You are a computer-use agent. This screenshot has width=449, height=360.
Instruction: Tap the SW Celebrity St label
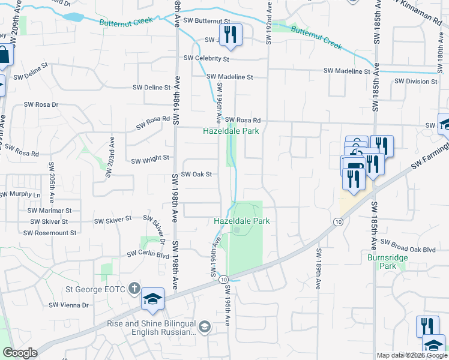206,59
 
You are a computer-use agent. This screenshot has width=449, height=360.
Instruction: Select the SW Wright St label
150,160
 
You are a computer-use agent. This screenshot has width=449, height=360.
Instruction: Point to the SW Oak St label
197,175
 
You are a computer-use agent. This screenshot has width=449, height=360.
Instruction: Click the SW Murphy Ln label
20,194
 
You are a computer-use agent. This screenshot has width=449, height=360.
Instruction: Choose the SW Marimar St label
49,211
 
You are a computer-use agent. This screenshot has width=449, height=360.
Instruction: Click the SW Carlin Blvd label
148,254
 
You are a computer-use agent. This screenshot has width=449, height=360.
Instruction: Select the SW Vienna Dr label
68,305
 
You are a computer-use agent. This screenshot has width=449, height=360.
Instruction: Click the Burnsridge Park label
382,261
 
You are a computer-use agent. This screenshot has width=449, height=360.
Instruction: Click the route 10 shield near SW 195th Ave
223,280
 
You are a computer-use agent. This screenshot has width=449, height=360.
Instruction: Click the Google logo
20,353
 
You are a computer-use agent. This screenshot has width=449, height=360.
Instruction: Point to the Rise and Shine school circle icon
205,326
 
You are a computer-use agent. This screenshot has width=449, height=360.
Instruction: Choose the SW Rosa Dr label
41,104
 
